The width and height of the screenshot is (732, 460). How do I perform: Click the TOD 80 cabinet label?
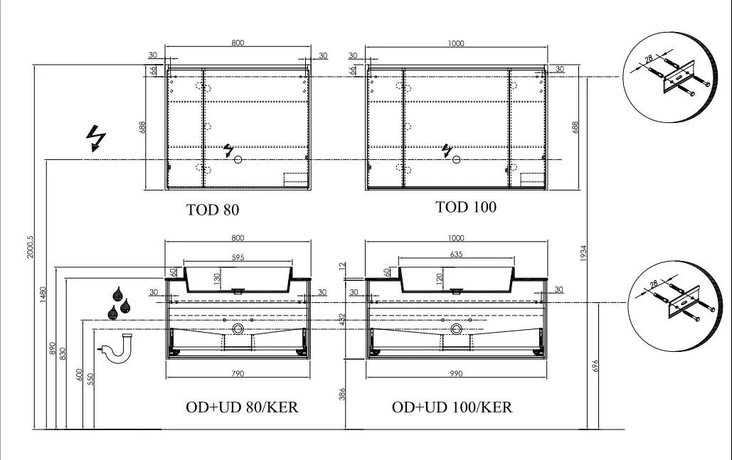[x=213, y=210]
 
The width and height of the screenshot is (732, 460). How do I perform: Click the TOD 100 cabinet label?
[x=466, y=207]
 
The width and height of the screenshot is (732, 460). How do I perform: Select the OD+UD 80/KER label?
[x=242, y=407]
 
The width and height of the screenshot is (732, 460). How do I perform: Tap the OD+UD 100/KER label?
[x=452, y=407]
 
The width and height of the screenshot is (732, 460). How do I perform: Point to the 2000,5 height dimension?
[x=31, y=247]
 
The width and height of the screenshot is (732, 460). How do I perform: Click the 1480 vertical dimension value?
[x=43, y=294]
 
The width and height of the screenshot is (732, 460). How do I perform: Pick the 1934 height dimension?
[x=583, y=253]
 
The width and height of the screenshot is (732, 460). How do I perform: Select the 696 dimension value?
[x=595, y=365]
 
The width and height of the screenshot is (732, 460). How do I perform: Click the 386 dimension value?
[x=342, y=394]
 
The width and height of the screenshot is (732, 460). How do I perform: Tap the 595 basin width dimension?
[x=238, y=257]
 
